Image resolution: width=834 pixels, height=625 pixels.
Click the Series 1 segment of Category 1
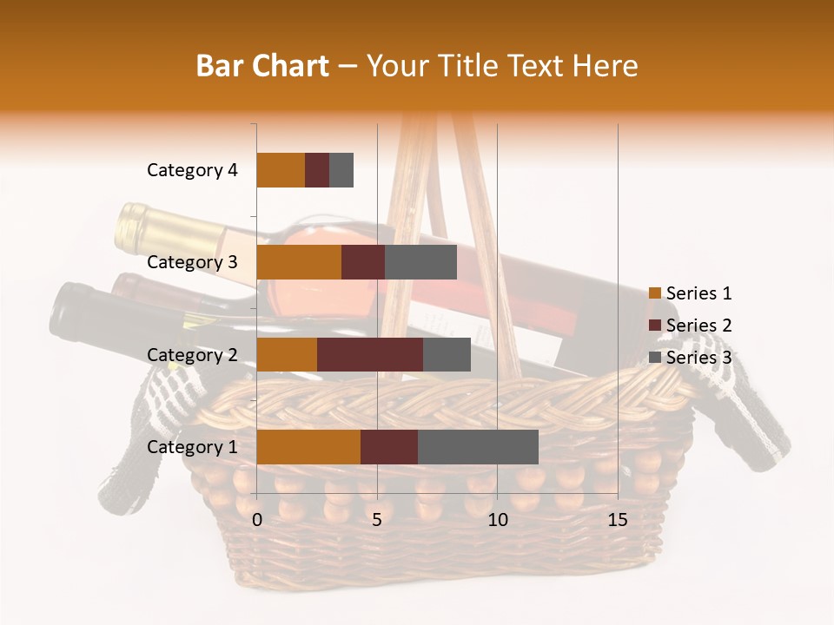point(308,447)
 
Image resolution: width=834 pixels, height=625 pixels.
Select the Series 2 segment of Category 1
point(389,447)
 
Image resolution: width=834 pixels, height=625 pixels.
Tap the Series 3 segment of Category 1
point(478,447)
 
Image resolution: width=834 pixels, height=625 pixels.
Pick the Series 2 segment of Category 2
point(370,354)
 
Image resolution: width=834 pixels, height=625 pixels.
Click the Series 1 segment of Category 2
point(287,354)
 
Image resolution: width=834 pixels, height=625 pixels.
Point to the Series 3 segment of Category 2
point(447,354)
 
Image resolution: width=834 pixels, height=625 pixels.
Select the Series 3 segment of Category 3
point(420,262)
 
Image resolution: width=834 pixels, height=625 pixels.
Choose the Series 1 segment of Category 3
point(299,262)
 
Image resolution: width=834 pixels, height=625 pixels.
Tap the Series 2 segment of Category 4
point(317,170)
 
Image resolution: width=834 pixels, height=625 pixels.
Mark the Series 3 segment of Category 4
point(341,170)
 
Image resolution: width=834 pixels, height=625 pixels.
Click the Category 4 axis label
point(192,170)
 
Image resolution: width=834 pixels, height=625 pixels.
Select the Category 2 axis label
point(192,354)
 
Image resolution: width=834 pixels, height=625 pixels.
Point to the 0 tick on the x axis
point(257,520)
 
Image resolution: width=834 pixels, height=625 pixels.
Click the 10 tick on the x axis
point(497,520)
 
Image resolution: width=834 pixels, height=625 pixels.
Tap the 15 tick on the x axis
point(617,520)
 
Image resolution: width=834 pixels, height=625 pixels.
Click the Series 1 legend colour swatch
point(654,294)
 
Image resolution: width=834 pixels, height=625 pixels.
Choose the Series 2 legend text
point(698,326)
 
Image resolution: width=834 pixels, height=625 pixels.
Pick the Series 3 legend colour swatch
point(654,358)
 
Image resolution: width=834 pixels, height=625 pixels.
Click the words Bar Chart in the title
point(262,66)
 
